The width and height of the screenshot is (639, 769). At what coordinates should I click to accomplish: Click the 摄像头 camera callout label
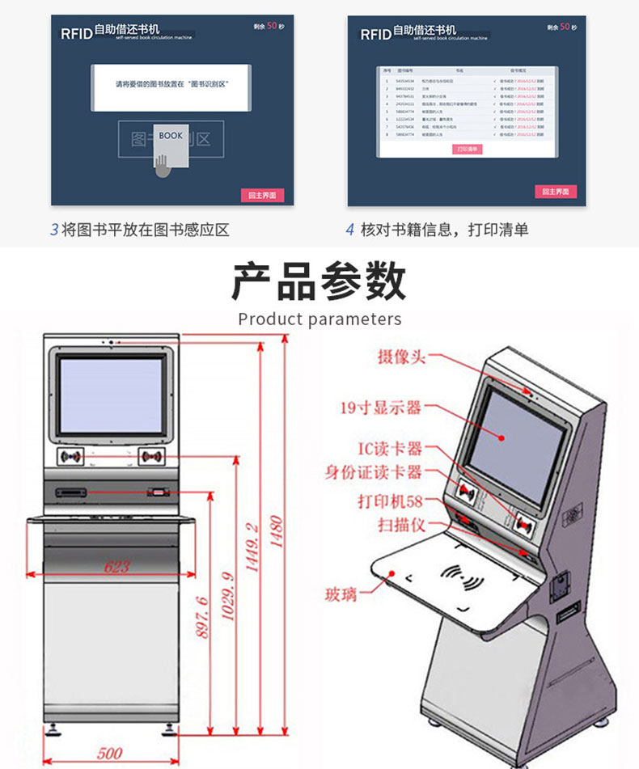coord(400,357)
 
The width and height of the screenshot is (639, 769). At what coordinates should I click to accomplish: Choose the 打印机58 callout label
coord(390,501)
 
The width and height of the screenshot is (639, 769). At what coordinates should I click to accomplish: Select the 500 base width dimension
coord(110,753)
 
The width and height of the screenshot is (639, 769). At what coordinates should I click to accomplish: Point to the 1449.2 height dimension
coord(252,548)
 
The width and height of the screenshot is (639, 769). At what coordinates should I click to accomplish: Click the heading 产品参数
coord(319,283)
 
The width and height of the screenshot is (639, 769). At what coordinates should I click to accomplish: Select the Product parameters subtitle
coord(319,319)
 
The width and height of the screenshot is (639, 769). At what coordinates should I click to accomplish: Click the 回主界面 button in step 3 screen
coord(262,195)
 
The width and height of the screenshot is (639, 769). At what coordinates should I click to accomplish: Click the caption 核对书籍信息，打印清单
coord(444,230)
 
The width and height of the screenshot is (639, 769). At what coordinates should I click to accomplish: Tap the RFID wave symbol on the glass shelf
coord(463,578)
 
